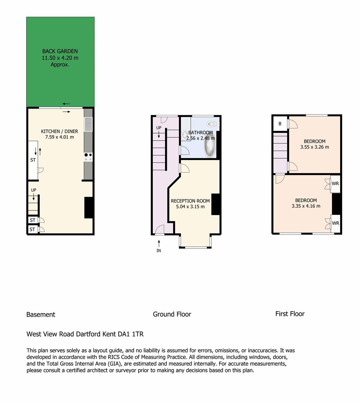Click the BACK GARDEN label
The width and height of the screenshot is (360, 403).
[x=60, y=51]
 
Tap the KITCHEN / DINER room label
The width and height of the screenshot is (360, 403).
[x=59, y=131]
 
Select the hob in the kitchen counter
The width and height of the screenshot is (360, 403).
[x=88, y=157]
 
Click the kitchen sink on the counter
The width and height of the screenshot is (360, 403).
[x=88, y=124]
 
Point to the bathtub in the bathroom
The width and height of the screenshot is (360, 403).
[x=210, y=147]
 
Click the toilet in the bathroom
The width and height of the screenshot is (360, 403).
[x=212, y=124]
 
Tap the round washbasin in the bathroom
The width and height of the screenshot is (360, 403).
[x=184, y=134]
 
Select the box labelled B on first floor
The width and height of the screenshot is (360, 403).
[x=280, y=124]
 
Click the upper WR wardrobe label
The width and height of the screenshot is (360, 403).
[x=335, y=184]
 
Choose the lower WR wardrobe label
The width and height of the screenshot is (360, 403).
[x=335, y=223]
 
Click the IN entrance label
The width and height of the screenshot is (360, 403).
[x=159, y=251]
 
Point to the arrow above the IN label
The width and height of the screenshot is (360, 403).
[x=159, y=244]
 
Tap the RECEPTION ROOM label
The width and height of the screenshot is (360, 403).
[x=190, y=201]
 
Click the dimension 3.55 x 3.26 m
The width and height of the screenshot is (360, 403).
[x=314, y=147]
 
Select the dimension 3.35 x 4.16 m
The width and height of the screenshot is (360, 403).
[x=306, y=206]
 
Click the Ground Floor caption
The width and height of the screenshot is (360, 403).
[x=172, y=314]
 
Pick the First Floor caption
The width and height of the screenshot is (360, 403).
[x=290, y=314]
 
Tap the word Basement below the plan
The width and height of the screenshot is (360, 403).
[x=41, y=315]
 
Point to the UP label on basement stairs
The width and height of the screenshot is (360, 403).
[x=34, y=190]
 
